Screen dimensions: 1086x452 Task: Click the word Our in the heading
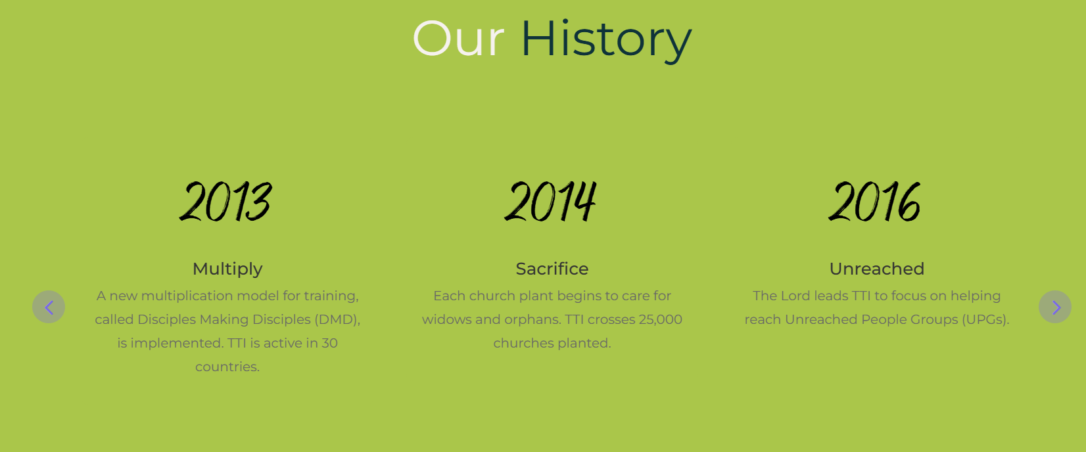click(458, 39)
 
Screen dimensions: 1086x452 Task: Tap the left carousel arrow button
click(49, 307)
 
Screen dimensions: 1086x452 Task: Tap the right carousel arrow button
click(1055, 307)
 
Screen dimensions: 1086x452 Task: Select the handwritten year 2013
click(226, 202)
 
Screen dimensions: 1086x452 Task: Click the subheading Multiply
click(227, 269)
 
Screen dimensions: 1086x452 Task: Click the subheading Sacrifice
click(552, 269)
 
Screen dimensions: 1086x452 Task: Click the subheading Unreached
click(876, 269)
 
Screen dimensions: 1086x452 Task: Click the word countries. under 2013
click(227, 367)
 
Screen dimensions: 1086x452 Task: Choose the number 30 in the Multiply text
click(330, 343)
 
